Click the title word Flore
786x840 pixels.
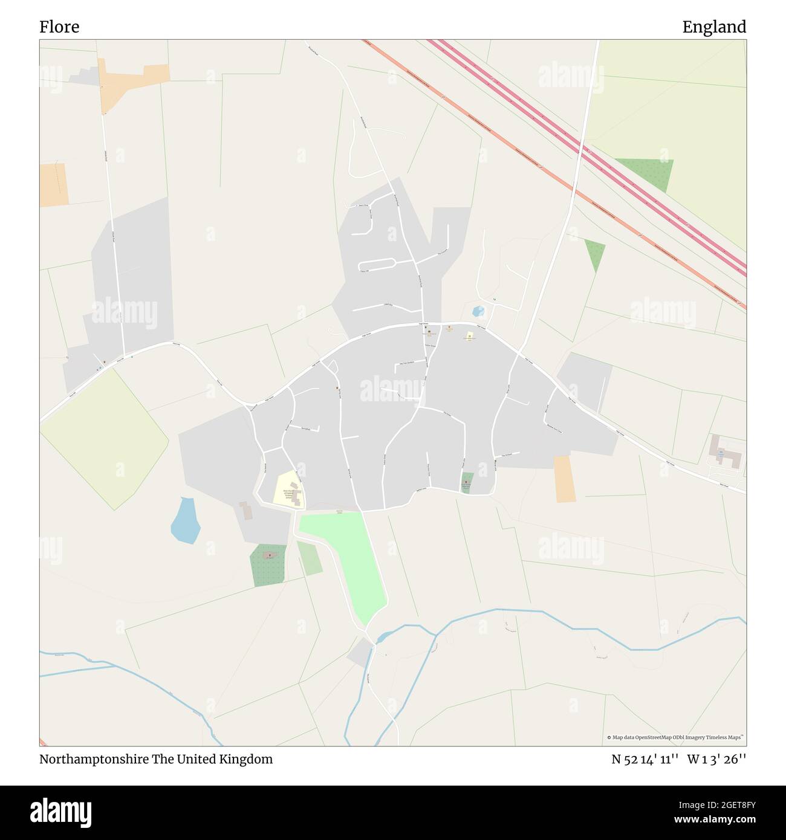[x=59, y=27]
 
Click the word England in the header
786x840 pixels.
[x=714, y=27]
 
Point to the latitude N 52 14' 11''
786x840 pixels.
[x=645, y=760]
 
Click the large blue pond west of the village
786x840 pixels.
[x=184, y=520]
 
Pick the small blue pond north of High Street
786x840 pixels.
[x=478, y=312]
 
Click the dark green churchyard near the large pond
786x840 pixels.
[x=268, y=566]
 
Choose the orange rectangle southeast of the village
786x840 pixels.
[x=565, y=479]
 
